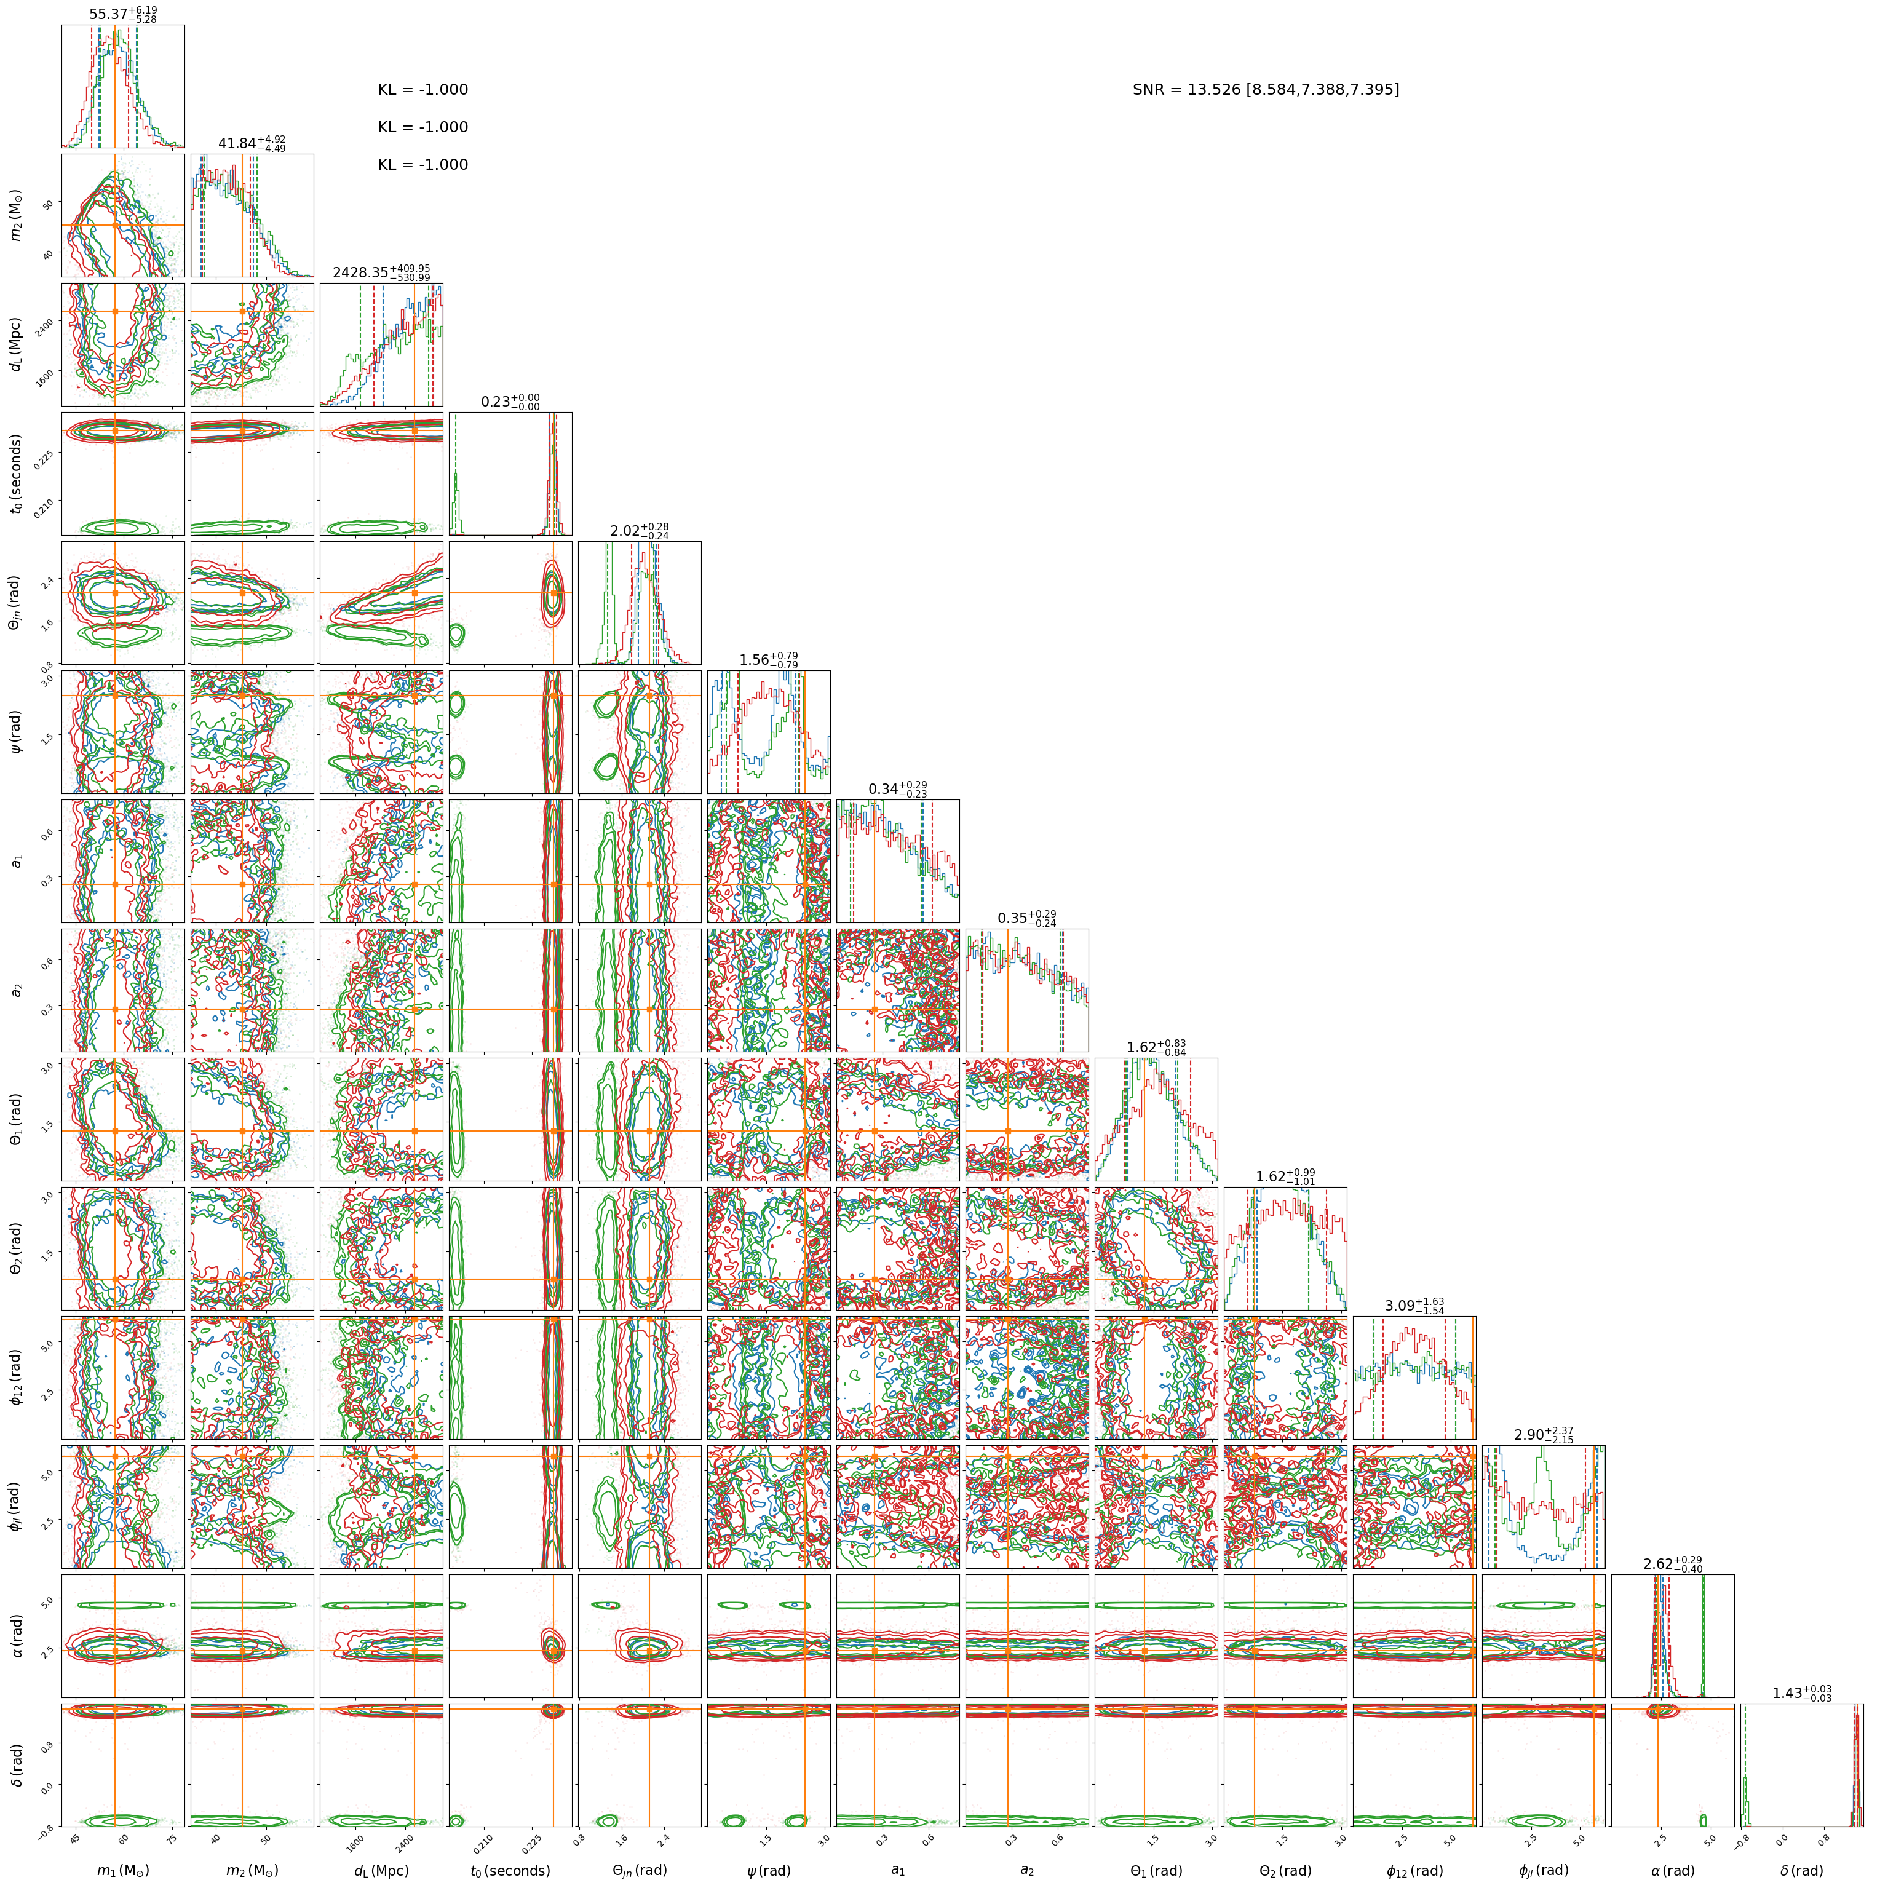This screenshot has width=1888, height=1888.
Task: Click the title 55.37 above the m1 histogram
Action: pyautogui.click(x=123, y=14)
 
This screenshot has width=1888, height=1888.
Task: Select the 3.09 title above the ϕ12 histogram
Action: pyautogui.click(x=1414, y=1306)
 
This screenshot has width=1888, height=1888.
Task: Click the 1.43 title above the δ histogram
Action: pyautogui.click(x=1802, y=1692)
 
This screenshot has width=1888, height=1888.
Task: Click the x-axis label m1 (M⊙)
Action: pyautogui.click(x=123, y=1870)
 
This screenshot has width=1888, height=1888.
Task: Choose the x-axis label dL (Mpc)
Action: pyautogui.click(x=381, y=1870)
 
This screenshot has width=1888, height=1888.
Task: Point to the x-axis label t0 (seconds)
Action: pyautogui.click(x=510, y=1870)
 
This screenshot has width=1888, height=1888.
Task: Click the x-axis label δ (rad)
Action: pyautogui.click(x=1802, y=1870)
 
